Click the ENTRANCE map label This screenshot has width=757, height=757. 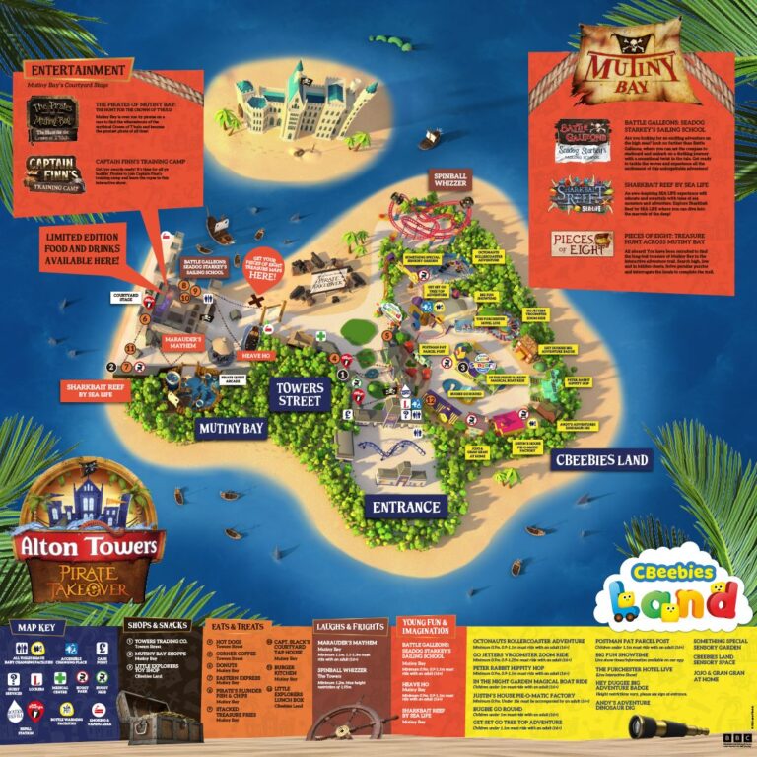click(405, 507)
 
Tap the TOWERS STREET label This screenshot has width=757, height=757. click(299, 394)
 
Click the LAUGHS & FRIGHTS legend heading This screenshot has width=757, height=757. click(351, 626)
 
